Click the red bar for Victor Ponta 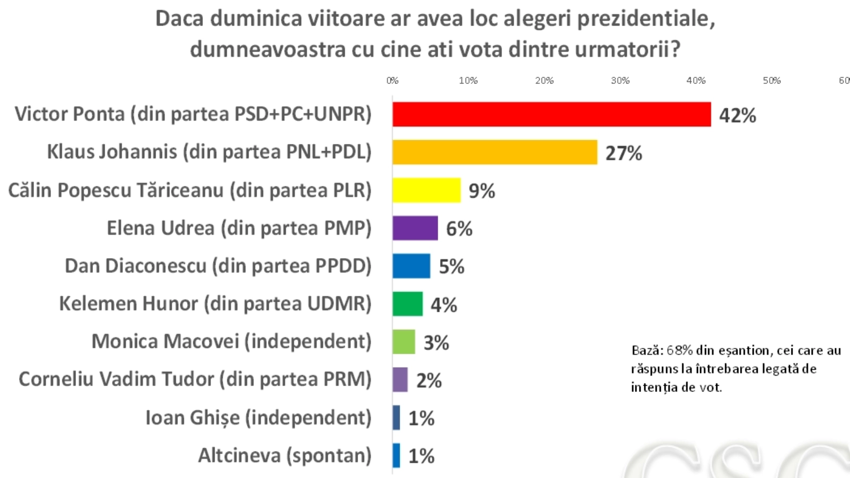tap(551, 114)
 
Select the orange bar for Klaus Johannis tap(495, 152)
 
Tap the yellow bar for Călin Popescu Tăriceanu tap(427, 190)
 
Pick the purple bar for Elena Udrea tap(415, 228)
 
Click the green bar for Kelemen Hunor tap(407, 304)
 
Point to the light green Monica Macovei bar tap(404, 342)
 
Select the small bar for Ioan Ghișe tap(396, 417)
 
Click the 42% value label tap(737, 115)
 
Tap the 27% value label tap(624, 153)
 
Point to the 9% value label tap(482, 191)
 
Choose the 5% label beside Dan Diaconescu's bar tap(452, 267)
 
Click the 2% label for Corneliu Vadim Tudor tap(429, 381)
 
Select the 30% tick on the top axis tap(620, 81)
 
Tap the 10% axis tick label tap(468, 81)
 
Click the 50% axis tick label tap(771, 81)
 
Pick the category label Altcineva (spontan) tap(285, 456)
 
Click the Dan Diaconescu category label tap(218, 266)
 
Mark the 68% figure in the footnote tap(679, 351)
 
